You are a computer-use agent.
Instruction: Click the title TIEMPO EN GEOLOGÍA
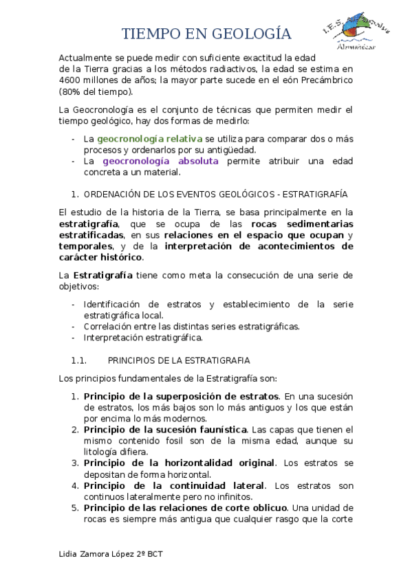(x=206, y=34)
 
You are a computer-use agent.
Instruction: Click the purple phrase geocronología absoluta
(x=160, y=161)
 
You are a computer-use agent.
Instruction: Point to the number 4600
(x=73, y=80)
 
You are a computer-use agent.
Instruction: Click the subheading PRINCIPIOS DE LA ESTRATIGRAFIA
(x=179, y=360)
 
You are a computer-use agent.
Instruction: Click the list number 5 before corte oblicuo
(x=74, y=508)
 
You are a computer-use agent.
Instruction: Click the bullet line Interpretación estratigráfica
(x=143, y=338)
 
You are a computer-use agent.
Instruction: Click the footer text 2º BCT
(x=155, y=553)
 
